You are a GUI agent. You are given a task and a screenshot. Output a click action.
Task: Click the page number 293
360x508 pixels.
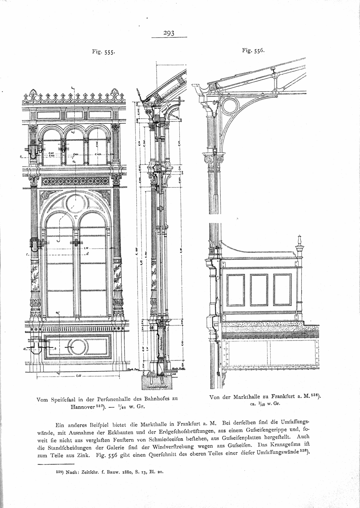click(169, 33)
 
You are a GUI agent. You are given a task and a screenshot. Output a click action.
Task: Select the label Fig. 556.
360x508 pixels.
click(254, 51)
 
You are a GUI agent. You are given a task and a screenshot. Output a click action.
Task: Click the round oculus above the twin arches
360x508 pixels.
click(75, 204)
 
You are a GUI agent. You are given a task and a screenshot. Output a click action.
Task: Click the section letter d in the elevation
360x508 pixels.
click(88, 254)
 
